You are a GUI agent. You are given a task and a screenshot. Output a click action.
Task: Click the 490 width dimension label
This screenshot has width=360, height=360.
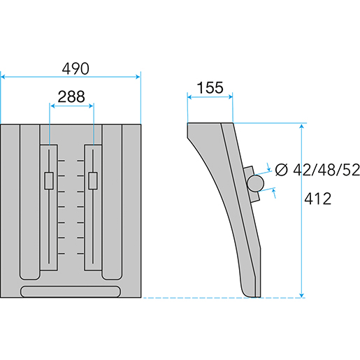[75, 69]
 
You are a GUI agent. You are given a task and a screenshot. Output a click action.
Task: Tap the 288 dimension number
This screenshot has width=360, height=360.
[71, 96]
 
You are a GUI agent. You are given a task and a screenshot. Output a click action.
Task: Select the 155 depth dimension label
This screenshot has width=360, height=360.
[210, 87]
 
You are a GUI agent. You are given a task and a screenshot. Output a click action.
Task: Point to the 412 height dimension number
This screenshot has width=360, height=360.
[318, 199]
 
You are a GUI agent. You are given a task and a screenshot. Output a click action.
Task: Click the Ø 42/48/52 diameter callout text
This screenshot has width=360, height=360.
[317, 170]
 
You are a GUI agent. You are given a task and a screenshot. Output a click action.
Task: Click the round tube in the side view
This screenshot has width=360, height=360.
[255, 183]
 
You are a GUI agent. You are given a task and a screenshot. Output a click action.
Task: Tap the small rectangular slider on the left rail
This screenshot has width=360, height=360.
[49, 181]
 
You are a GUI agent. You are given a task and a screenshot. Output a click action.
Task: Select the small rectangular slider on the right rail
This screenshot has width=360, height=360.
[93, 181]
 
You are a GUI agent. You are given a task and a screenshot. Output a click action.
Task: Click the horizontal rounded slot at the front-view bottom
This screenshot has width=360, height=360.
[71, 291]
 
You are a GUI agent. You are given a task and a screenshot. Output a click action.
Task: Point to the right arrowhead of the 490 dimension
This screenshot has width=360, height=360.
[138, 77]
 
